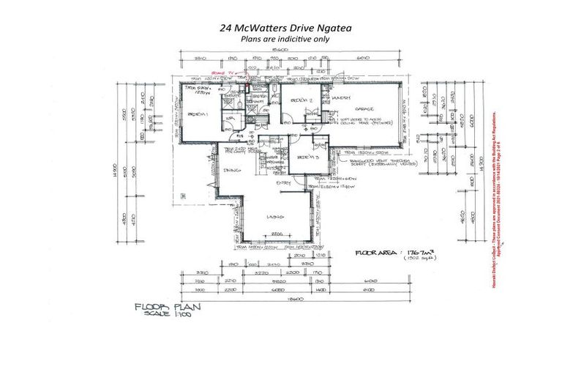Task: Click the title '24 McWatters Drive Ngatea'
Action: point(280,28)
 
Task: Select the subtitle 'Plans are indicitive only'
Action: point(280,39)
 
